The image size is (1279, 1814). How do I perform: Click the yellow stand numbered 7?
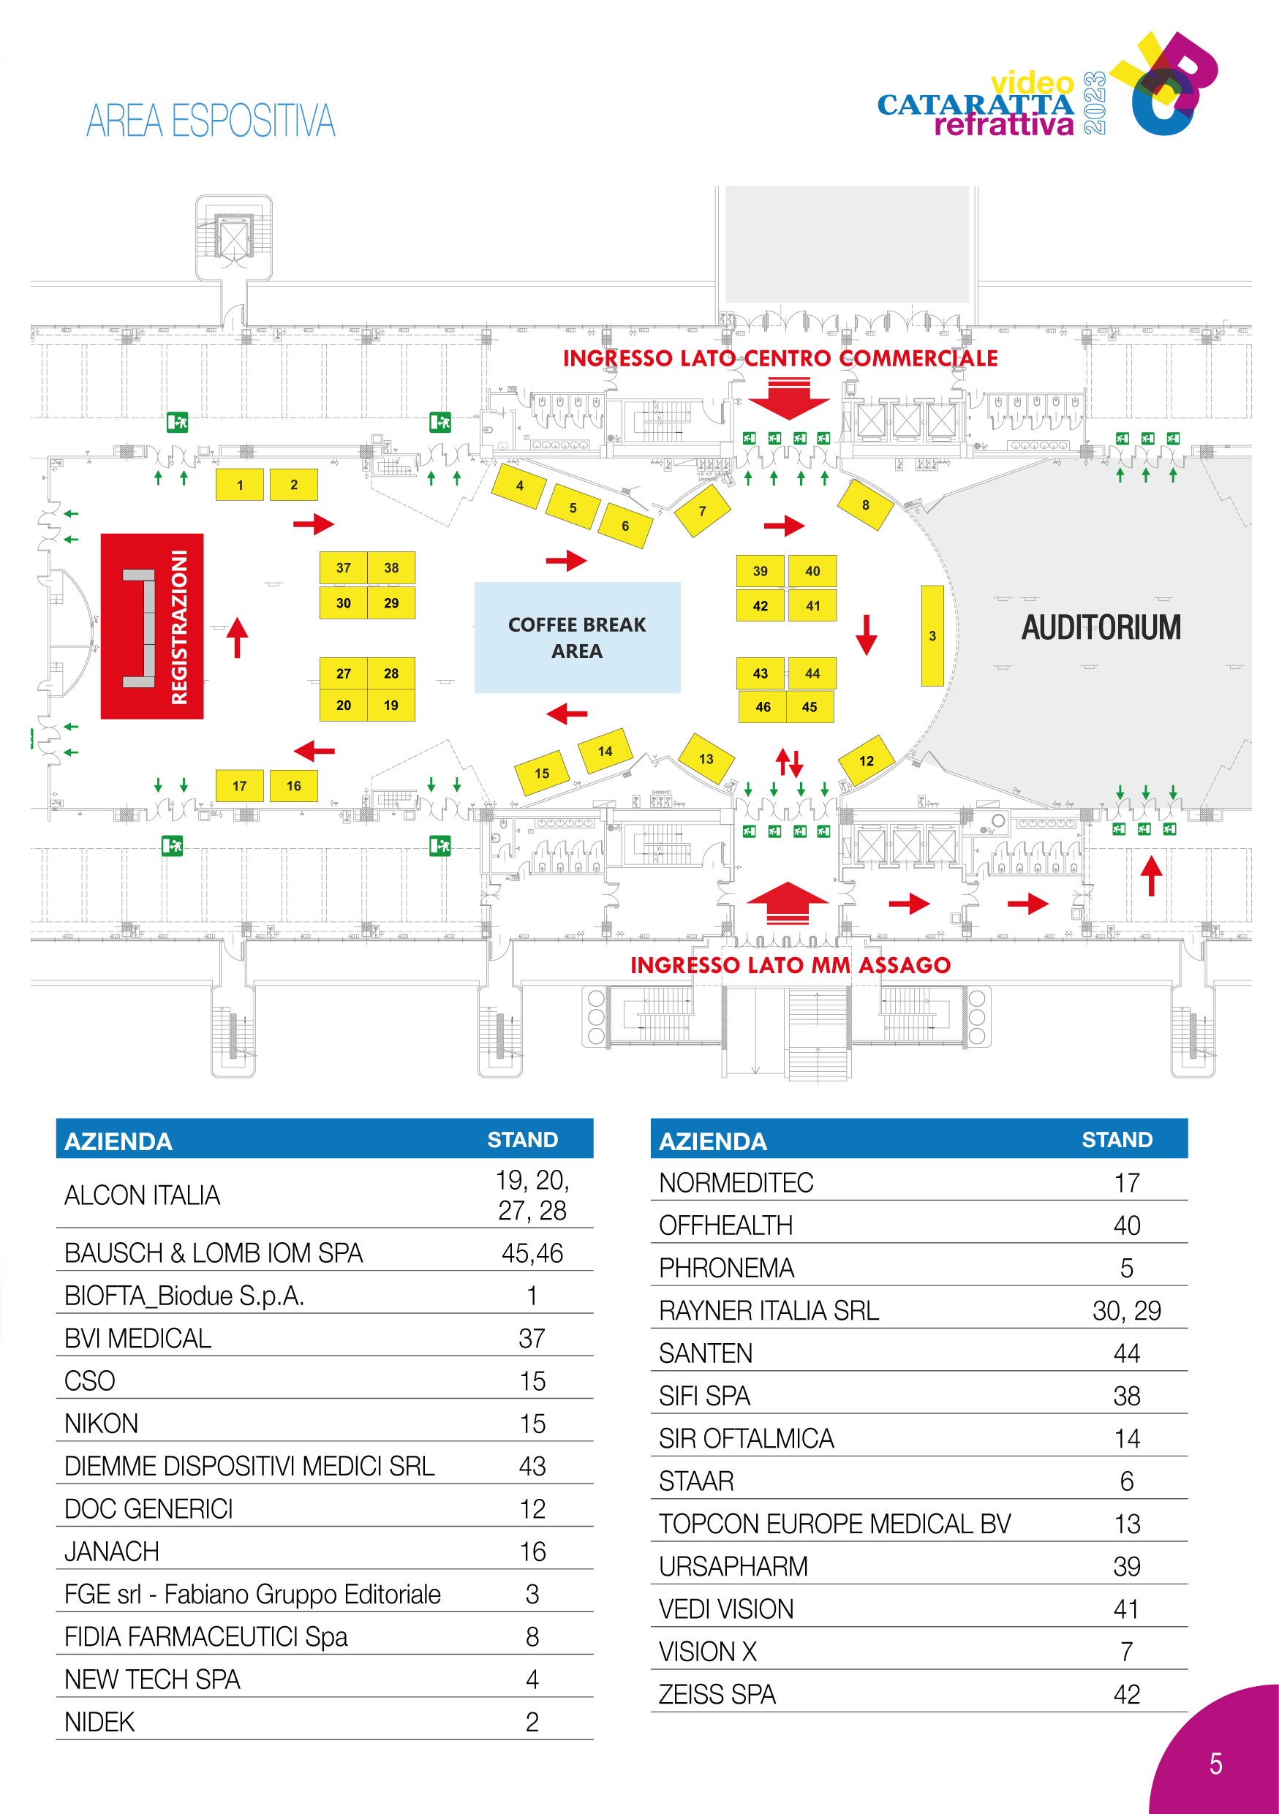(x=702, y=511)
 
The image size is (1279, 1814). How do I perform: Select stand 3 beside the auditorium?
(x=932, y=635)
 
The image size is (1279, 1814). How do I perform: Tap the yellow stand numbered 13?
(x=706, y=758)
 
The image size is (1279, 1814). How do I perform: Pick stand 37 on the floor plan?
(x=343, y=567)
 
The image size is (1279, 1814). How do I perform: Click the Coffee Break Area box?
(x=577, y=638)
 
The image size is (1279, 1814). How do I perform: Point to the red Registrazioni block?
(x=151, y=626)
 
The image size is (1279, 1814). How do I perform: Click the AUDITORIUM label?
(x=1101, y=627)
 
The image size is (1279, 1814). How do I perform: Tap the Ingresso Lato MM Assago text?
(x=790, y=964)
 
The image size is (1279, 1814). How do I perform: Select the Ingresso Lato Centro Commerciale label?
(x=780, y=359)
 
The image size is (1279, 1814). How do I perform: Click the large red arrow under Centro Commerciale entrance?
(x=788, y=399)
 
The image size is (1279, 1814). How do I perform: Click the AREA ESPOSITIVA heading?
(x=211, y=121)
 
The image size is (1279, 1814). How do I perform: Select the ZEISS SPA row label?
(x=717, y=1694)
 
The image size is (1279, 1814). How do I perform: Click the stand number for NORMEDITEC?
(x=1127, y=1183)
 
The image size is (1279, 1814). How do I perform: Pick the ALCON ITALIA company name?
(x=142, y=1195)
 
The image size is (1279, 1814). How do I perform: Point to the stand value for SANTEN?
(x=1127, y=1353)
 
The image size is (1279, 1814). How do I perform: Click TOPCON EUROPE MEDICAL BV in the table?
(x=834, y=1524)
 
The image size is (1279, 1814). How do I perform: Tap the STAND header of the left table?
(x=522, y=1139)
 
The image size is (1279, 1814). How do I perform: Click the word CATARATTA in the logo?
(x=975, y=105)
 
